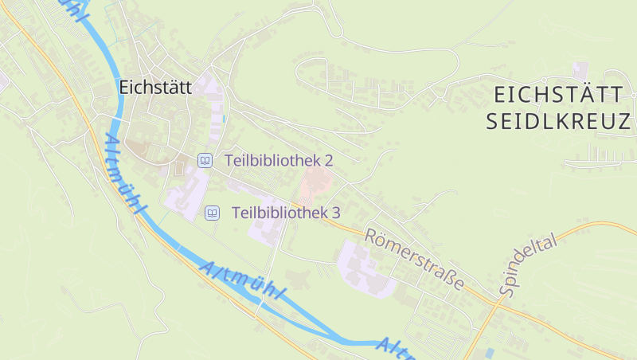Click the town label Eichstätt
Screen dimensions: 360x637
coord(155,88)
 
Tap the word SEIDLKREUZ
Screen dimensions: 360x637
coord(557,122)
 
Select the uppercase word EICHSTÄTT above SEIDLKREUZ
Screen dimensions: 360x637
coord(557,95)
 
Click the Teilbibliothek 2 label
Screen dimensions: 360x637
coord(279,160)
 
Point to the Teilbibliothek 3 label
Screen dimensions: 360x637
coord(286,213)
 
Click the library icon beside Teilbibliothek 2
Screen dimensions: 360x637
coord(205,160)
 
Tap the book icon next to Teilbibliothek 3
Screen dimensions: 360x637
coord(212,213)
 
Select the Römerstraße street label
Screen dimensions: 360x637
coord(414,258)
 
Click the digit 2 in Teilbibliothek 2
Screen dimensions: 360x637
coord(328,160)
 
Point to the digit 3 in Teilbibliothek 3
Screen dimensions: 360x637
coord(336,213)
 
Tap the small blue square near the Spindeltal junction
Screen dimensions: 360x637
coord(489,351)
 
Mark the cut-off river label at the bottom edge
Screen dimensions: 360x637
coord(396,347)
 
